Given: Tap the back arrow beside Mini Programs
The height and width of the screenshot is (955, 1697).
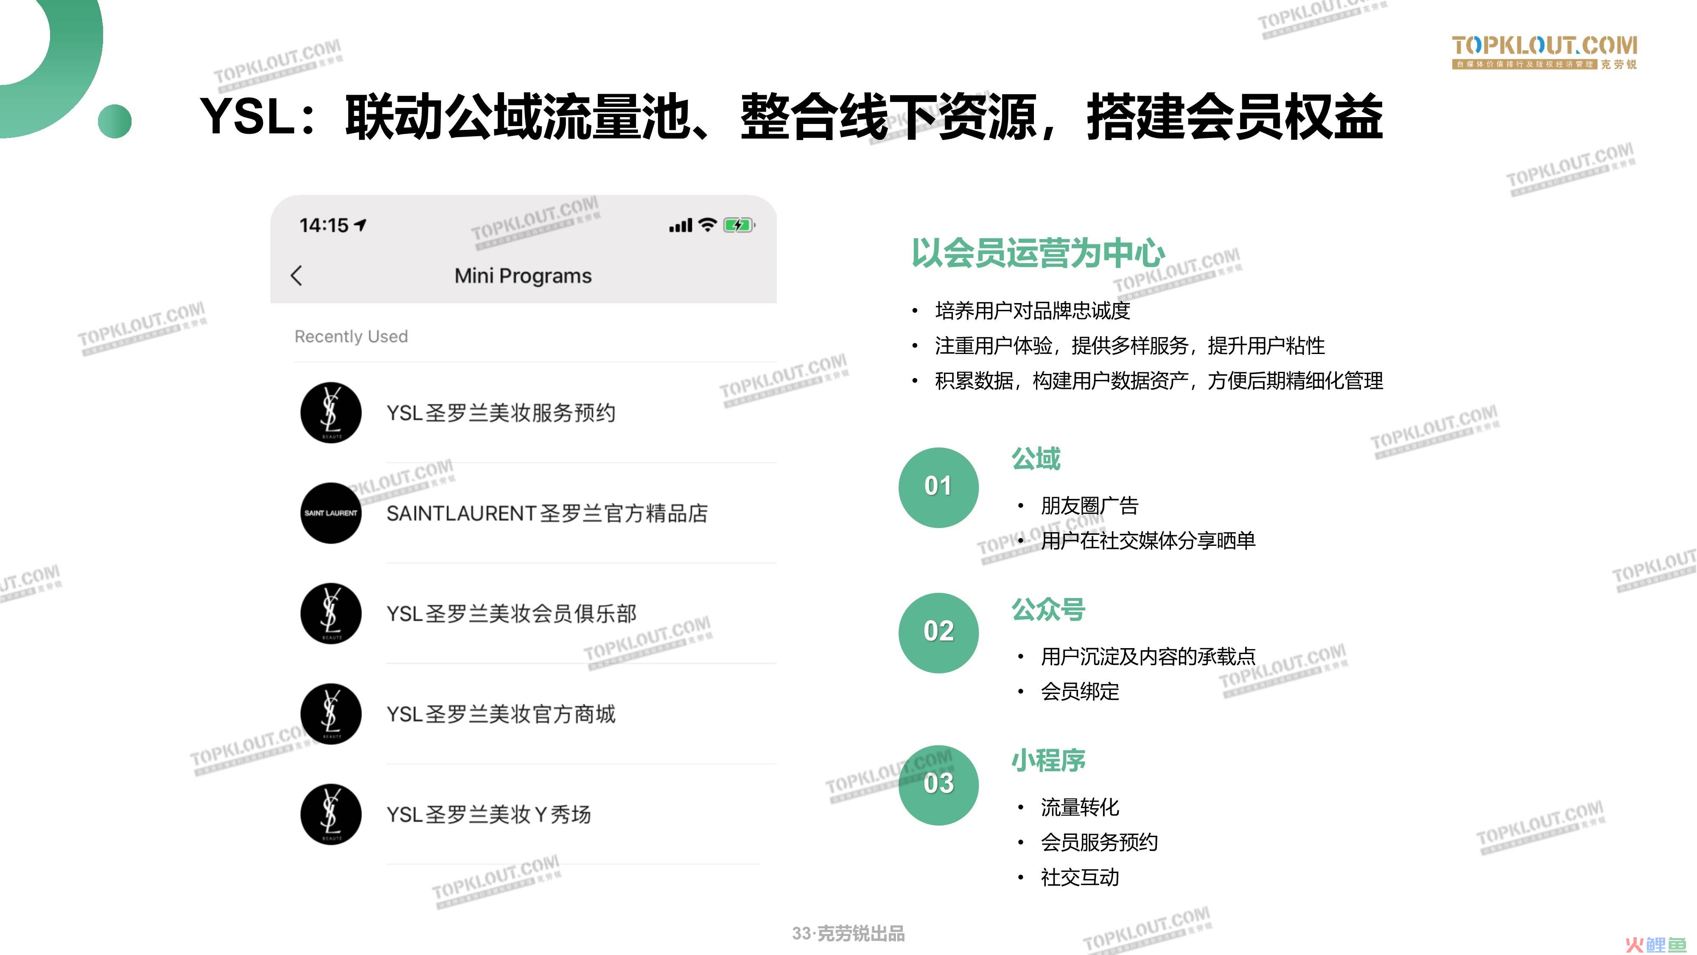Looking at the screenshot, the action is pos(297,275).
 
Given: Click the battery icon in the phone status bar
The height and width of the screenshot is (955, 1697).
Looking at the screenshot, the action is pos(739,225).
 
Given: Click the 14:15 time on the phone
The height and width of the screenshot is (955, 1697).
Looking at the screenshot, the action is pos(323,225).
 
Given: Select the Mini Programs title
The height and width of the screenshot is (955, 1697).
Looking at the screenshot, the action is pos(523,275).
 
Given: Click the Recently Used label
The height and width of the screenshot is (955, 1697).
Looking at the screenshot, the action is pos(351,336).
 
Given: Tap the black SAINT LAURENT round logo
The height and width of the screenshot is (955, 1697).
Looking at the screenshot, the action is pos(331,513).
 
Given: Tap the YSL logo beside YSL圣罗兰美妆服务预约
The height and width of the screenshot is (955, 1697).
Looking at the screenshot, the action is pos(331,413).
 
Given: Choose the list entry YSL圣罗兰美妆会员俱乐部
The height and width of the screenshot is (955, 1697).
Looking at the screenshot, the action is pos(511,614).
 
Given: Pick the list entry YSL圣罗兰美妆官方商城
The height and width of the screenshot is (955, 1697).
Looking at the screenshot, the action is pos(501,714).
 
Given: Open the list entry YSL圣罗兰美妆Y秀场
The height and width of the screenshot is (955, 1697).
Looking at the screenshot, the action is pos(488,815).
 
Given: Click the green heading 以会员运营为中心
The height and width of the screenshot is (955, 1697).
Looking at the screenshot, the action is pos(1038,253).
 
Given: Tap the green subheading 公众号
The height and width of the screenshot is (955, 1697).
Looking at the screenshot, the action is pos(1048,610).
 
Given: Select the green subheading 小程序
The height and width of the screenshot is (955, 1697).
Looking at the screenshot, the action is pos(1048,761).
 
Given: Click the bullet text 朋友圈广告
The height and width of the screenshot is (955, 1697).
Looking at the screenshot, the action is pos(1089,506).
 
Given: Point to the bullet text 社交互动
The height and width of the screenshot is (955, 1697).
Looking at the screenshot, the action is pos(1080,877).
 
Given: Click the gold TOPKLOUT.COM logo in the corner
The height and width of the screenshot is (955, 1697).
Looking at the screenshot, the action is pos(1544,53).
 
